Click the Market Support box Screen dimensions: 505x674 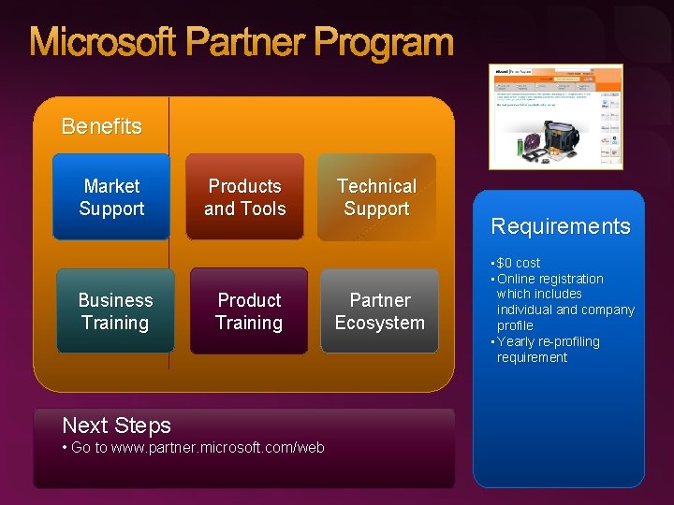tap(111, 197)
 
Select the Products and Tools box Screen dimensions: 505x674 tap(244, 197)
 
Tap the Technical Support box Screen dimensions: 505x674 tap(376, 197)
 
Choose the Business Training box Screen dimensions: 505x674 tap(115, 311)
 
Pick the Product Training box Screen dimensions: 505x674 tap(248, 311)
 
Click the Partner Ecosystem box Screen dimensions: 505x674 tap(379, 311)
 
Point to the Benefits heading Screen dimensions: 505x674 tap(101, 126)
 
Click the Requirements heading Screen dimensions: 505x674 tap(561, 226)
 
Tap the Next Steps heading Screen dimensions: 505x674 tap(116, 426)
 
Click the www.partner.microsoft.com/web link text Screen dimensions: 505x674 tap(217, 448)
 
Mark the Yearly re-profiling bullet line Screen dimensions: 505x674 tap(549, 341)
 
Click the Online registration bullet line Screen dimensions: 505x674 tap(550, 279)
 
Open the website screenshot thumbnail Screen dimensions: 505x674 tap(555, 116)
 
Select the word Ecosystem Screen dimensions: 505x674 tap(379, 323)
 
